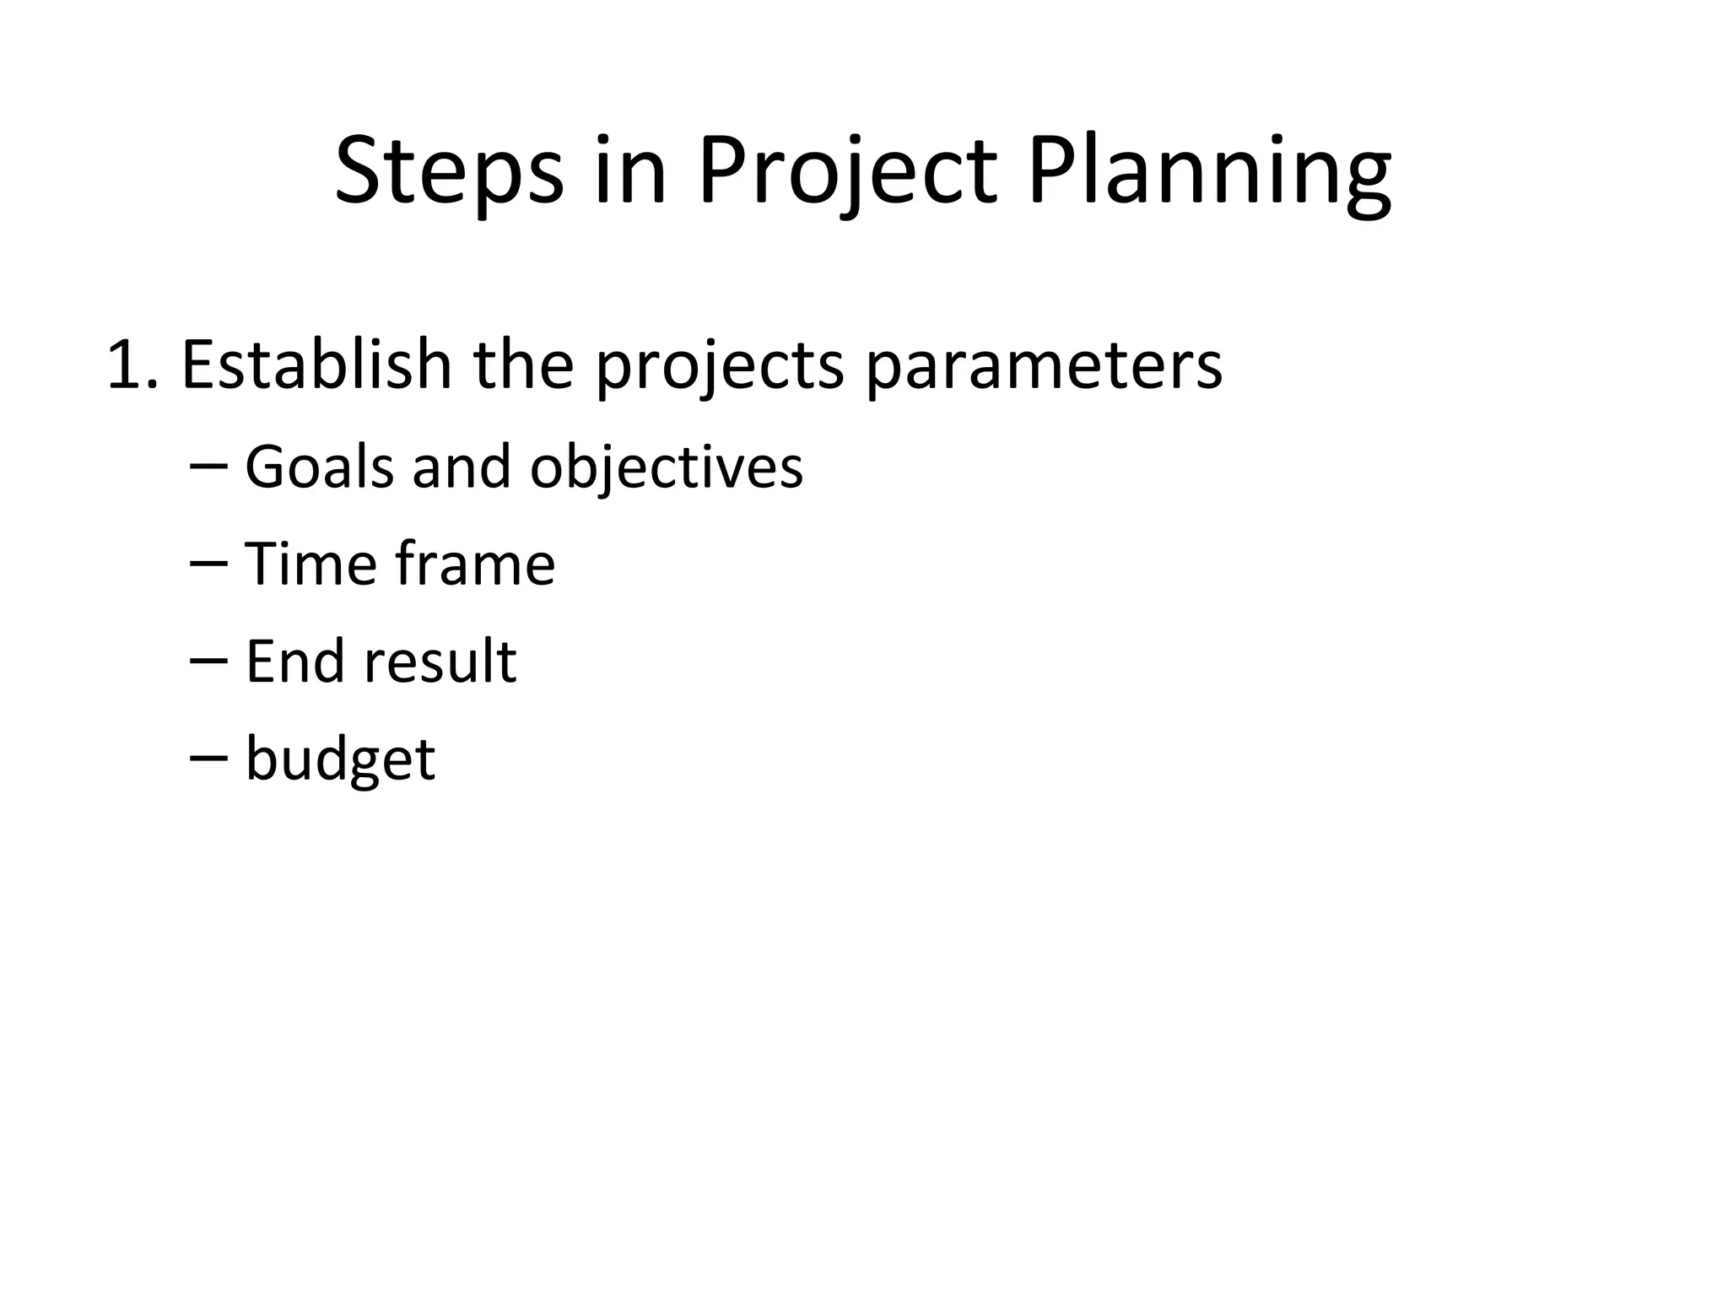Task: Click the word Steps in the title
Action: [449, 172]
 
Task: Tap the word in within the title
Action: [630, 172]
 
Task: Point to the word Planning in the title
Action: [1208, 172]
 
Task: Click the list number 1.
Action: [131, 364]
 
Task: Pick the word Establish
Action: [316, 364]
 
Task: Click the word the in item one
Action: [523, 364]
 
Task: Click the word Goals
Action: [319, 467]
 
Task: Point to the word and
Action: [462, 467]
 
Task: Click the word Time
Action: [310, 564]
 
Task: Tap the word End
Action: [294, 661]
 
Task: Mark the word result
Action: [440, 661]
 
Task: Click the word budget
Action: [340, 759]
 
